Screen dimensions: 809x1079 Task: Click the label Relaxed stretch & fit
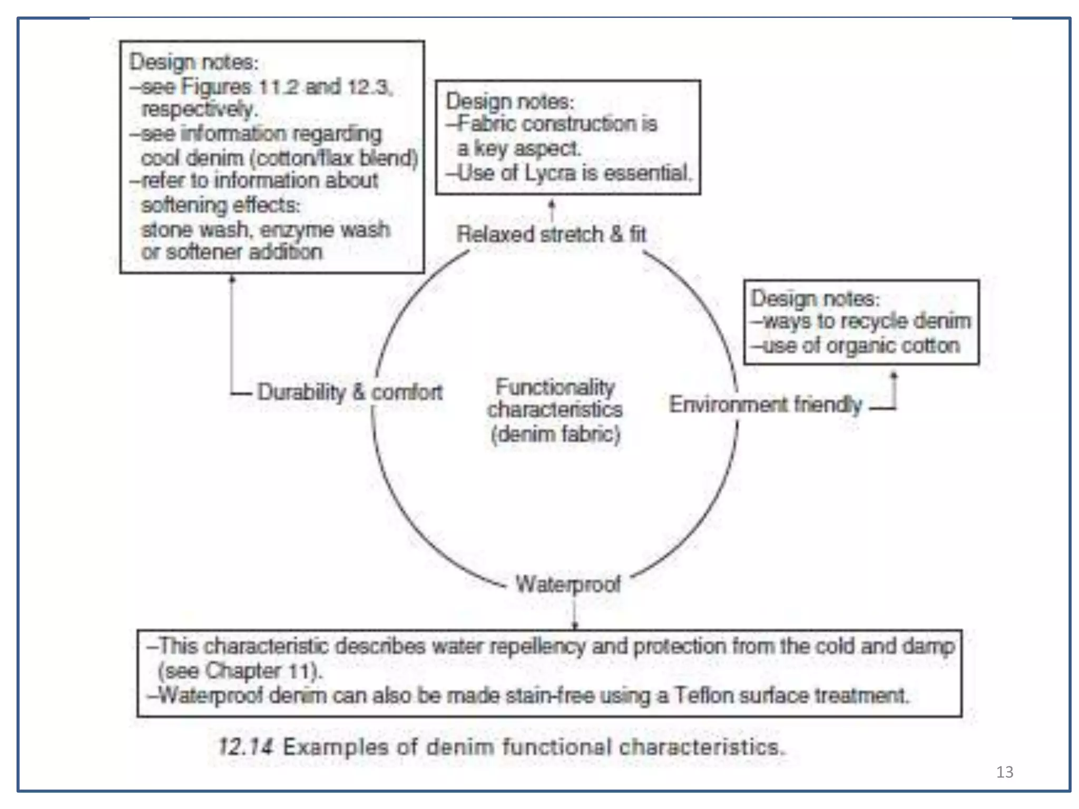pyautogui.click(x=551, y=234)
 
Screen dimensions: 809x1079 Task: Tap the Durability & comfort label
pyautogui.click(x=350, y=392)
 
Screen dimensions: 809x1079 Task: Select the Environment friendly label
pyautogui.click(x=766, y=404)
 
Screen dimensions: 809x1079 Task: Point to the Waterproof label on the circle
pyautogui.click(x=568, y=584)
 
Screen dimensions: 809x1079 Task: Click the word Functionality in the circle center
pyautogui.click(x=555, y=387)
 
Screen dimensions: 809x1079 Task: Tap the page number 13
pyautogui.click(x=1004, y=772)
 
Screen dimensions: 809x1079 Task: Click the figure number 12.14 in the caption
pyautogui.click(x=246, y=747)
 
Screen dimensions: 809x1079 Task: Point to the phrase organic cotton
pyautogui.click(x=892, y=346)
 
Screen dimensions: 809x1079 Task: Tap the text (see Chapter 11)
pyautogui.click(x=240, y=671)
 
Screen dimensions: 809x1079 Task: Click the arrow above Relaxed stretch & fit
pyautogui.click(x=552, y=210)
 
